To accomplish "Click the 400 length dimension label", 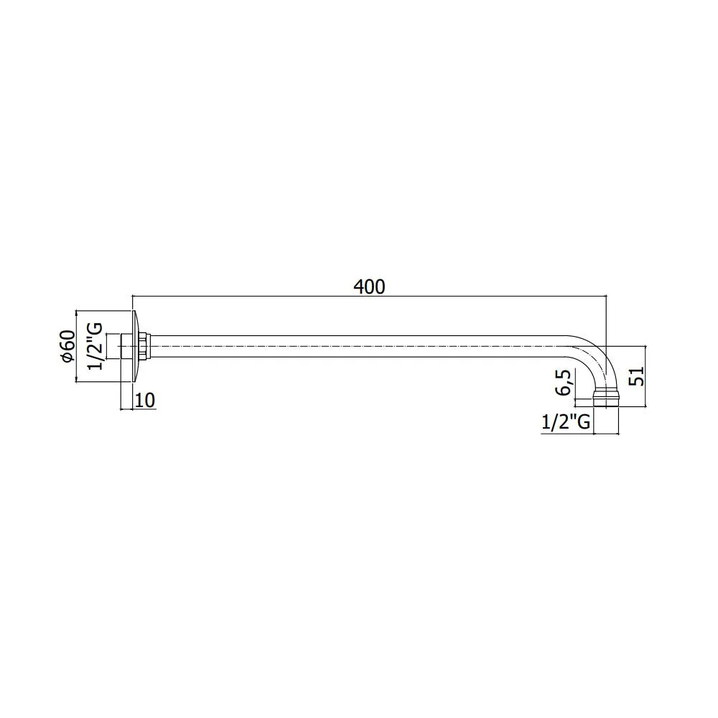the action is coord(369,286).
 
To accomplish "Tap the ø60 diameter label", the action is coord(67,346).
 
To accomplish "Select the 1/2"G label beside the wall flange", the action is coord(95,346).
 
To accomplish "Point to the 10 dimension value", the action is coord(146,400).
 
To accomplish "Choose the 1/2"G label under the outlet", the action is coord(566,422).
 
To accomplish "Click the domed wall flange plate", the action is coord(135,346).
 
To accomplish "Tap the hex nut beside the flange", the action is coord(144,346).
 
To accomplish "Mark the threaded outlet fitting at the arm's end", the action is coord(606,398).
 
